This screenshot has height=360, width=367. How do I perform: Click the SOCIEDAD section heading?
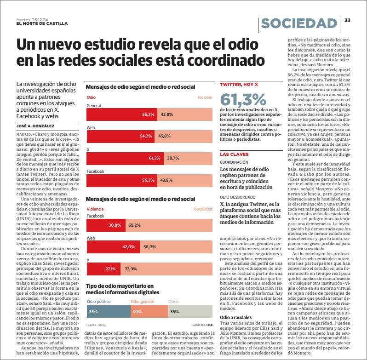point(299,23)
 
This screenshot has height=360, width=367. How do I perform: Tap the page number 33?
point(347,20)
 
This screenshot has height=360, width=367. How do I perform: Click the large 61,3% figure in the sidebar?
point(243,99)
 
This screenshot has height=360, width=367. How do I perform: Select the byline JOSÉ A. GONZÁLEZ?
point(35,126)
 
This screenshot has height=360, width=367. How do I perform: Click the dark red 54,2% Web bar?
point(120,136)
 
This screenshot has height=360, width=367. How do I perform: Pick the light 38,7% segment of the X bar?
point(188,158)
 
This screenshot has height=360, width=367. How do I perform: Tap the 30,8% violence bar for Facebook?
point(106,225)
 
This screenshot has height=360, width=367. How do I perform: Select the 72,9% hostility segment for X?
point(166,269)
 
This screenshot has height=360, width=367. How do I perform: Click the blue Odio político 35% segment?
point(109,312)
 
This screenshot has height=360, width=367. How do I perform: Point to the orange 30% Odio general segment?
point(149,312)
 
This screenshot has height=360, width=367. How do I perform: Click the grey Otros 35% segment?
point(190,312)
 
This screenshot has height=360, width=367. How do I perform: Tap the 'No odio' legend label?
point(205,97)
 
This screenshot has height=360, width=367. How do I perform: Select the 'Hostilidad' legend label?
point(203,209)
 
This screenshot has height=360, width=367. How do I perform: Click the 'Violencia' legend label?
point(95,209)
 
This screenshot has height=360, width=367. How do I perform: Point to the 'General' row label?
point(94,106)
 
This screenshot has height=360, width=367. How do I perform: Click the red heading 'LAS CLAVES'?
point(234,154)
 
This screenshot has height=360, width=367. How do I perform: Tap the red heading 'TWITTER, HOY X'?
point(239,85)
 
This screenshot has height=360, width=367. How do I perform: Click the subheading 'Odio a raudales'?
point(235,317)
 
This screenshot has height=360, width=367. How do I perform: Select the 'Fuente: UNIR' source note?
point(96,325)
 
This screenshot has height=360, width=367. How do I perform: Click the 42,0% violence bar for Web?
point(113,247)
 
